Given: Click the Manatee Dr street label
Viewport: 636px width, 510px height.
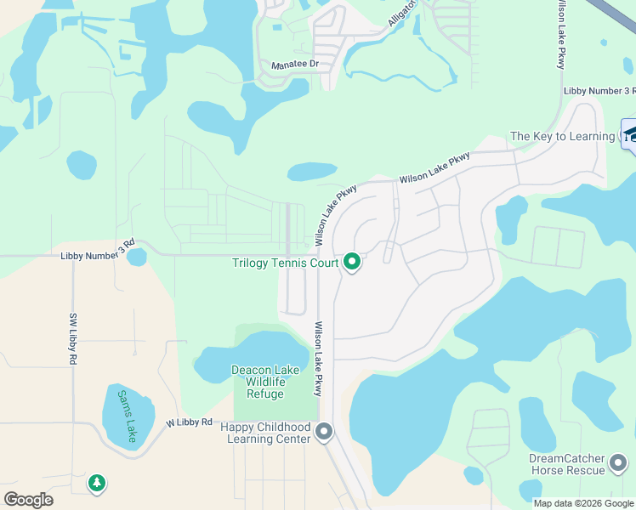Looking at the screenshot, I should point(293,65).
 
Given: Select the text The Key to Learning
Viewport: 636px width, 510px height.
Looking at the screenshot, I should point(562,136).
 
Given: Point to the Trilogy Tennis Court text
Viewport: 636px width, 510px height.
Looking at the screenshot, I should point(286,263).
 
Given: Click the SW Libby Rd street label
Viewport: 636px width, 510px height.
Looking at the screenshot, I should point(72,338).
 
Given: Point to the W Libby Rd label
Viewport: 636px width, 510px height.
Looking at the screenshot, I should point(189,422).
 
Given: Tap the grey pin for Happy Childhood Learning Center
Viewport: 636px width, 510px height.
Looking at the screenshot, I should point(324,433).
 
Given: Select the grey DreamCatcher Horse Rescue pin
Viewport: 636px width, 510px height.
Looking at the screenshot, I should point(618,463).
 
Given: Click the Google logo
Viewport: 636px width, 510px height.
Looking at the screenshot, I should point(28,499).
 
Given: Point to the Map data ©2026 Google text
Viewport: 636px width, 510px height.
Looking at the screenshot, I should point(583,503).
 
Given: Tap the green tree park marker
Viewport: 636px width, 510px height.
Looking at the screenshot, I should point(97,484).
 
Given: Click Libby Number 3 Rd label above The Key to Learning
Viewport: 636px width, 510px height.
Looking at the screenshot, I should point(599,91).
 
